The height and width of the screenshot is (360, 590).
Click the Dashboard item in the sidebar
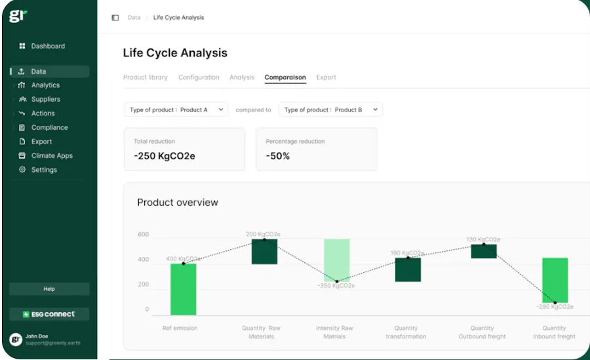pos(47,46)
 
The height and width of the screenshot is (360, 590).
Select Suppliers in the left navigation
pos(45,99)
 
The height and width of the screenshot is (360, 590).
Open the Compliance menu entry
pos(49,127)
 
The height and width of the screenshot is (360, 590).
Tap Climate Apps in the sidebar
pos(52,155)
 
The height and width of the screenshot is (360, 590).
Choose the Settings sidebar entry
pos(44,170)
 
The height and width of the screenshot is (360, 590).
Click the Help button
pos(49,289)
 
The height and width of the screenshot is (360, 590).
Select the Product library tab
pos(146,77)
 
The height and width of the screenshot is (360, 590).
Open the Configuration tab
pos(199,77)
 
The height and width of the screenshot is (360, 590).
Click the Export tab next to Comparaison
pos(326,77)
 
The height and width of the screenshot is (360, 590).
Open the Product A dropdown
pos(176,110)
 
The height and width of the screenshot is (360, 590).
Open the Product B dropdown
pos(330,110)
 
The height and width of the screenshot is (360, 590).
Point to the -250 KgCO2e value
pos(165,156)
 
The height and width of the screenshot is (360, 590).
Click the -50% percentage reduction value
pos(278,156)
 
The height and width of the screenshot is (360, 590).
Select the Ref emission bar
pos(184,289)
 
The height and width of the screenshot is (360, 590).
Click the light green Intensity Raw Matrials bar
pos(336,260)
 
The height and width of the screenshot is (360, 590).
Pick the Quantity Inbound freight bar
pos(555,280)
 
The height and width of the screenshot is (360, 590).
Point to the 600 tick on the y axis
pos(143,235)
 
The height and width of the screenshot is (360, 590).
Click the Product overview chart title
pos(178,203)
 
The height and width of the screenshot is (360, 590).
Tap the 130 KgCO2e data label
pos(483,239)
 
